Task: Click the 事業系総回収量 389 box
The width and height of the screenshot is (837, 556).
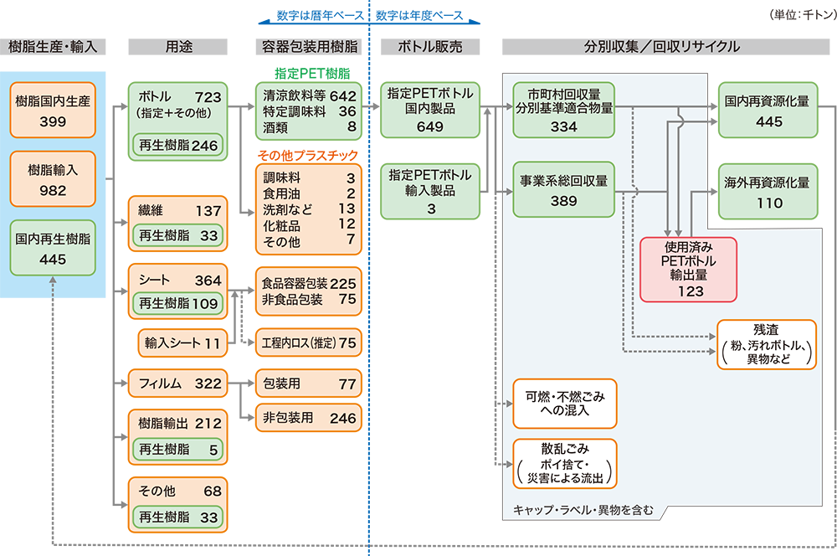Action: tap(564, 192)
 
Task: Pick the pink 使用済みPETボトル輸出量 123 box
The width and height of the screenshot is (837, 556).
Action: tap(687, 269)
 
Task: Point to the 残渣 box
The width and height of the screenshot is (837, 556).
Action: tap(765, 343)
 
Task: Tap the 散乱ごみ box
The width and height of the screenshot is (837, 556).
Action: tap(564, 463)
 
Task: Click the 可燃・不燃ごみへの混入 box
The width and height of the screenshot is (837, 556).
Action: tap(564, 402)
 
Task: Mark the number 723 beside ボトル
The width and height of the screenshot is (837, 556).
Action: tap(207, 96)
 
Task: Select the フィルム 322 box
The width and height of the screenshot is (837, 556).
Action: tap(179, 384)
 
